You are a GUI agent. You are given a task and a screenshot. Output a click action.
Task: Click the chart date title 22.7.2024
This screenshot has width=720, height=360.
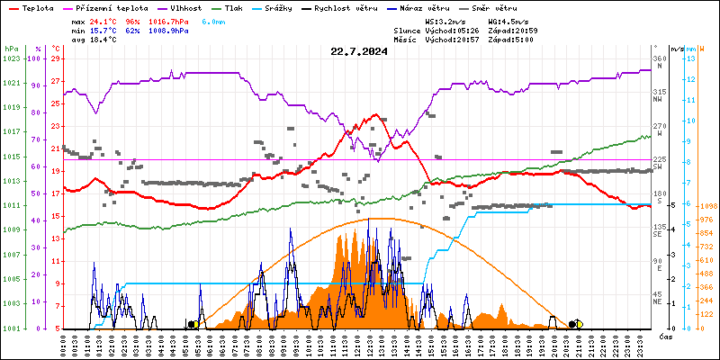359,52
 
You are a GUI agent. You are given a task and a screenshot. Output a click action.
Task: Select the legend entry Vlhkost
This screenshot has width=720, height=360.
193,7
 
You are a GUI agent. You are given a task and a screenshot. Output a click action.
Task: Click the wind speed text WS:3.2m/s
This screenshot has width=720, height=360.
445,20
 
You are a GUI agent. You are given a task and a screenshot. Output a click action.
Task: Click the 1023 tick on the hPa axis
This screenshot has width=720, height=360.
11,58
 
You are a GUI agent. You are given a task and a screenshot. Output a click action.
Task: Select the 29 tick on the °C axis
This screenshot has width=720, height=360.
56,58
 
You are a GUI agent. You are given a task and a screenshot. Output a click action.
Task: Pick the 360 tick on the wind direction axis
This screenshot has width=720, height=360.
660,58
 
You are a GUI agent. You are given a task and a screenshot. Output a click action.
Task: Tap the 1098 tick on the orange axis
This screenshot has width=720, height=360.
707,206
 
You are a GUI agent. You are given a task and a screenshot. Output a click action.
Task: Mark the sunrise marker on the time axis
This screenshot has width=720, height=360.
193,324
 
